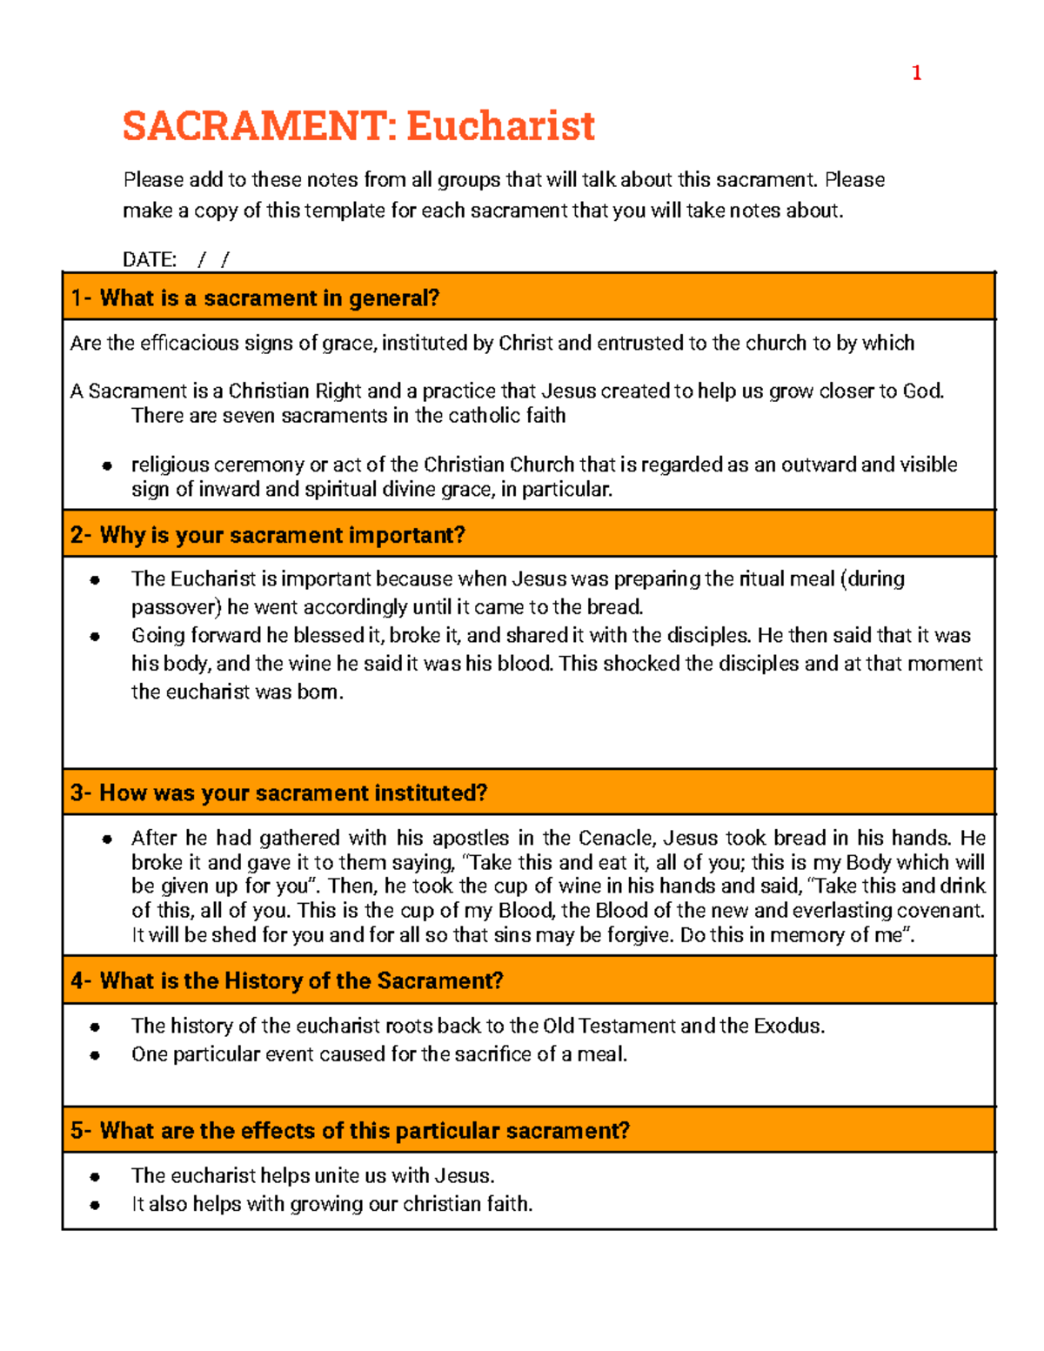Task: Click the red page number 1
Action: click(916, 73)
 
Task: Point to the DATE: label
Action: click(150, 259)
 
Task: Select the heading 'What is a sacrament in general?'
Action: click(270, 298)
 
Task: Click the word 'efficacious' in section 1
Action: click(186, 343)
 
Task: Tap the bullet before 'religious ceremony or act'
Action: click(106, 465)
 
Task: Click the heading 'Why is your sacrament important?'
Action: click(283, 535)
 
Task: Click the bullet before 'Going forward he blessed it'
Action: click(95, 636)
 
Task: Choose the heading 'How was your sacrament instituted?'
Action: click(293, 793)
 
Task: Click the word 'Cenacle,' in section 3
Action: click(615, 838)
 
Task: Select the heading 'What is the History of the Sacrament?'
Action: click(301, 981)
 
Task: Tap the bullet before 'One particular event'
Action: click(95, 1055)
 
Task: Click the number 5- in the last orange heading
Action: click(81, 1131)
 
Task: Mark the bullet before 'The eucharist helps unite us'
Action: click(95, 1177)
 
